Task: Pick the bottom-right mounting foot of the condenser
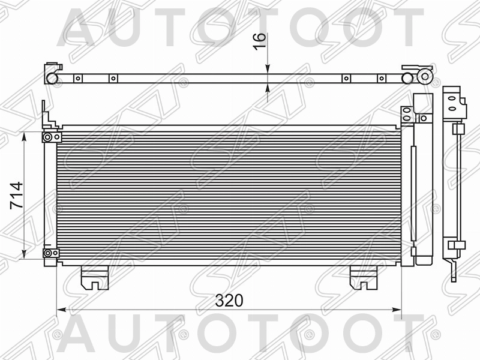(x=363, y=277)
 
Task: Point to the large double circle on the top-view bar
(x=426, y=77)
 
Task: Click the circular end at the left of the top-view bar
(x=52, y=78)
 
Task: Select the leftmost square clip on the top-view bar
(x=77, y=78)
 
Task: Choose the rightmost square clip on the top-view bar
(x=380, y=78)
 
